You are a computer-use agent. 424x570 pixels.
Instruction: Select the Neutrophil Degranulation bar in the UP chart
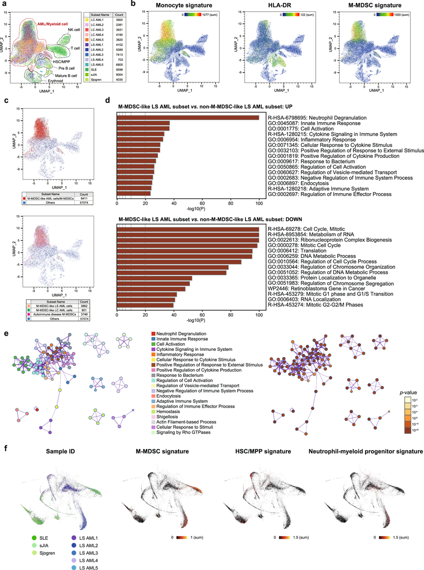[188, 118]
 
